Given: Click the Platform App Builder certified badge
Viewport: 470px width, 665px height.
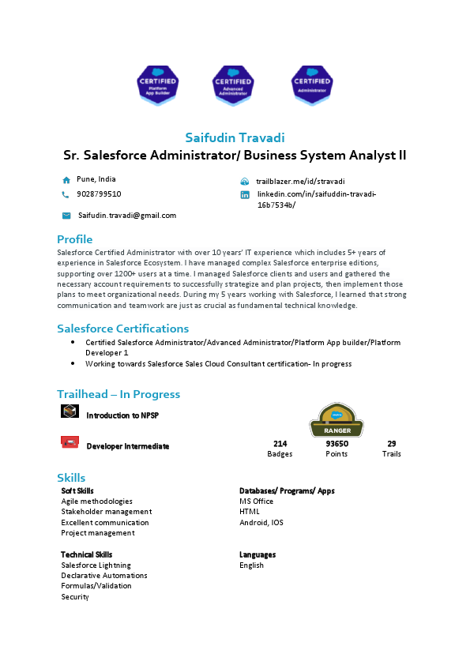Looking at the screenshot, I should click(x=159, y=85).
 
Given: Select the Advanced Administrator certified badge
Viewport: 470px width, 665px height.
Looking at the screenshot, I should click(x=233, y=85).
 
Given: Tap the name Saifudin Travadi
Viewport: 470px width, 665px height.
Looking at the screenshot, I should click(x=235, y=138).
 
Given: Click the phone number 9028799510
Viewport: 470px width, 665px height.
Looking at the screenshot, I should click(x=99, y=193).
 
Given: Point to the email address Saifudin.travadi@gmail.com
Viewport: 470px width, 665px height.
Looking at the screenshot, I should click(x=126, y=215).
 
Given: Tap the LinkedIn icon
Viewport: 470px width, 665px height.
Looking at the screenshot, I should click(x=245, y=195).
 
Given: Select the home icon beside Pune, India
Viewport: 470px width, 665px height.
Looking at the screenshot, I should click(x=66, y=180).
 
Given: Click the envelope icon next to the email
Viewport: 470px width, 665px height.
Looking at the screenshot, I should click(x=66, y=215).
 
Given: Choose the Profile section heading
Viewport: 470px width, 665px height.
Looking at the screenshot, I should click(x=74, y=239).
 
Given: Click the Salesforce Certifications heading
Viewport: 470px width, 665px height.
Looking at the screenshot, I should click(x=122, y=329).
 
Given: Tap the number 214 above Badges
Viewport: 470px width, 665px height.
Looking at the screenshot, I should click(x=280, y=444).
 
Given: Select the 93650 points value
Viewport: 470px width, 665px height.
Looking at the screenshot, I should click(x=337, y=444).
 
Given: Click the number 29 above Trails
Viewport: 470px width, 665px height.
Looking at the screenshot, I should click(x=391, y=444).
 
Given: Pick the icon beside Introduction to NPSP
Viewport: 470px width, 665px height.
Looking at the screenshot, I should click(x=70, y=411).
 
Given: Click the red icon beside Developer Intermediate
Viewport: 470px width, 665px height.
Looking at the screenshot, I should click(x=70, y=441).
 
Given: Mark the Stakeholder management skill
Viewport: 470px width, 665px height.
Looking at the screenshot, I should click(x=106, y=512).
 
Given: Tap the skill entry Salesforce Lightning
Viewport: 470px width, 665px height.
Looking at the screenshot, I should click(x=96, y=565).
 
